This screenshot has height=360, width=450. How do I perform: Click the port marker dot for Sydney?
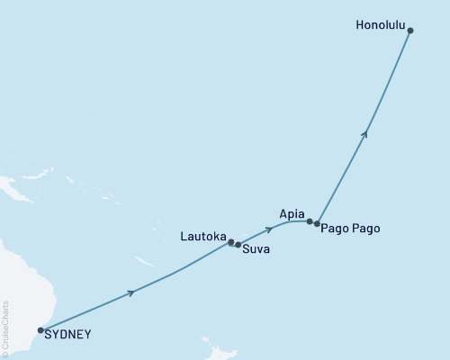(x=40, y=330)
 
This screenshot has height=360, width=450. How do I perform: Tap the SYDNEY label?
(x=67, y=335)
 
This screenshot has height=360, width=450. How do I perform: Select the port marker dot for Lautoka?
(x=231, y=242)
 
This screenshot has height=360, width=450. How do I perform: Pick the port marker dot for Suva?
(x=238, y=244)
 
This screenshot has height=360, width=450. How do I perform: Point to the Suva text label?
(x=256, y=249)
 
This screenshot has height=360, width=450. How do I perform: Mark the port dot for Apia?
(x=310, y=221)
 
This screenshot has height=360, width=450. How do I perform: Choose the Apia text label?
(x=292, y=214)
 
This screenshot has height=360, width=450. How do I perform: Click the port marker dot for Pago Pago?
(x=317, y=223)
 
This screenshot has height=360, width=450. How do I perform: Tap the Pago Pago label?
(x=350, y=229)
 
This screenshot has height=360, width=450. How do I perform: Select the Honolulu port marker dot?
(x=410, y=31)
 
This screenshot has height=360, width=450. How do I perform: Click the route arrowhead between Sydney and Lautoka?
(x=132, y=292)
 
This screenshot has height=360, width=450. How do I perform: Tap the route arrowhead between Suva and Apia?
(x=269, y=229)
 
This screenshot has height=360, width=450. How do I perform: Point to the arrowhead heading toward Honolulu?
(x=364, y=133)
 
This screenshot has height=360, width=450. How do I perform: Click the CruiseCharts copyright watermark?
(x=5, y=328)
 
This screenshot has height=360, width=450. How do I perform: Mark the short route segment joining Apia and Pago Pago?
(x=313, y=222)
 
